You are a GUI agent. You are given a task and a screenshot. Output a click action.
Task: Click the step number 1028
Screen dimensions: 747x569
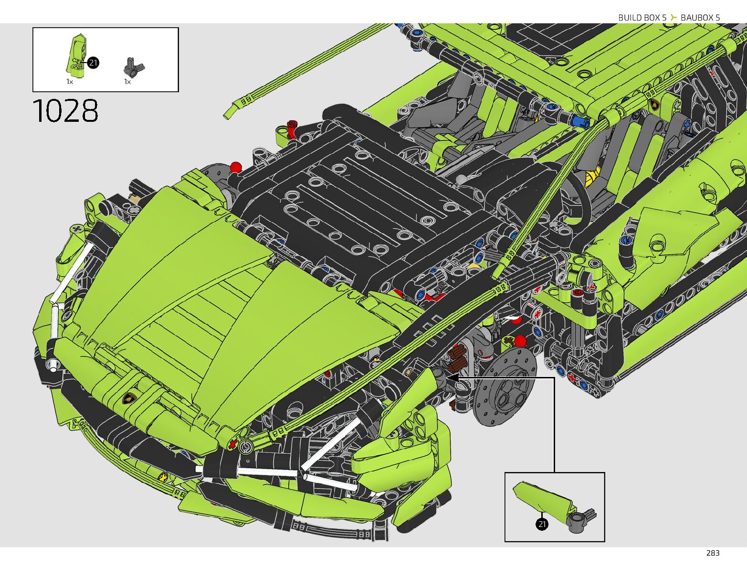click(x=65, y=111)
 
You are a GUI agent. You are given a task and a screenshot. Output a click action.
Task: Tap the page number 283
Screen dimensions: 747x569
click(x=712, y=553)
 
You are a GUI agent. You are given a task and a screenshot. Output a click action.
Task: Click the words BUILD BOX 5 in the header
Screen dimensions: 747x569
click(x=642, y=18)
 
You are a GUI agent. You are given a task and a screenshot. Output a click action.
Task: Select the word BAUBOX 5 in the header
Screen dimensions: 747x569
click(x=700, y=18)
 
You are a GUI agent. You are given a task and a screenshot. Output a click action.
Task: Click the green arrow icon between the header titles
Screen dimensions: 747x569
click(x=673, y=18)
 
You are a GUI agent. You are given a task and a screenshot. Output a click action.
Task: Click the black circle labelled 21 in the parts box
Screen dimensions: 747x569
click(x=93, y=63)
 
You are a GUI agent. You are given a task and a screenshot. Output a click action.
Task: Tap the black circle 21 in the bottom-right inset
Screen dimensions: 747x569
click(x=542, y=524)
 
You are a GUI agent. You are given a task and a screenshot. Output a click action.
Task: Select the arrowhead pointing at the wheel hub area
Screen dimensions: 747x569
click(x=452, y=377)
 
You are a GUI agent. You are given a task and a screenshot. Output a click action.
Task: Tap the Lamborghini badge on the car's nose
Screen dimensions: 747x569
click(x=128, y=398)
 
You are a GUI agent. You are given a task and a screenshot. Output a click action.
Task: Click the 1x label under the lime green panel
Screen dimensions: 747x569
click(x=70, y=82)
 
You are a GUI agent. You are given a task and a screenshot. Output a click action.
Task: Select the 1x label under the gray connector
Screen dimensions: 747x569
click(x=127, y=82)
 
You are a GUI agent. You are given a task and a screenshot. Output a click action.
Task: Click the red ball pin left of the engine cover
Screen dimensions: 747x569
click(x=236, y=167)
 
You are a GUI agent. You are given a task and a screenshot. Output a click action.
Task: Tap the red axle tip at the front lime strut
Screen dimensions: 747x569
click(x=232, y=444)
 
